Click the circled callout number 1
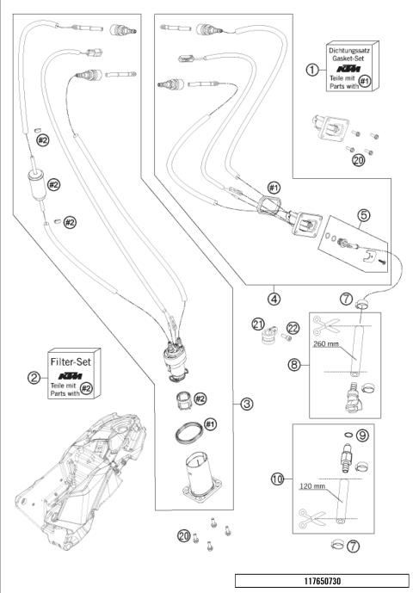[312, 70]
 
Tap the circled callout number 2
[34, 378]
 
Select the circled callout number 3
[247, 404]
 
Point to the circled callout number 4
[274, 300]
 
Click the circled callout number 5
[363, 215]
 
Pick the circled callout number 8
[294, 365]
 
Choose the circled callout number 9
[362, 435]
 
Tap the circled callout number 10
[278, 479]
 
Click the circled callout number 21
[258, 324]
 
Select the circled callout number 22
[293, 328]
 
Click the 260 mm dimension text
[326, 343]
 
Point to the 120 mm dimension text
[312, 486]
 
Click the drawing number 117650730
[323, 581]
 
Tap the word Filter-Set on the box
[71, 362]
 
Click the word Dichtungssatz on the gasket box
[348, 50]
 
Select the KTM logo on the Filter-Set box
[71, 376]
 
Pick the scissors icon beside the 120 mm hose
[312, 518]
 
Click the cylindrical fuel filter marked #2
[37, 183]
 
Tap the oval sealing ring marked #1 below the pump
[189, 432]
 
